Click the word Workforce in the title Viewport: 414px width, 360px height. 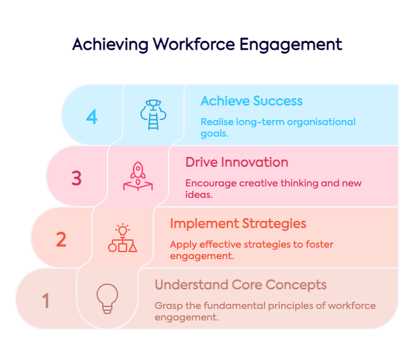tap(194, 44)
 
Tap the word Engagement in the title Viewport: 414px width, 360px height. tap(291, 45)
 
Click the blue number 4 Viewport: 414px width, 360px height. tap(92, 117)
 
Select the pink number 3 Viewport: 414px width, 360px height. tap(77, 178)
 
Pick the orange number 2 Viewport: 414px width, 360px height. tap(61, 239)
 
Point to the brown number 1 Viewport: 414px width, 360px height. tap(45, 301)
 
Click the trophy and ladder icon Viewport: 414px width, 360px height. tap(153, 115)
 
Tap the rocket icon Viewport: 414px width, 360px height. tap(138, 176)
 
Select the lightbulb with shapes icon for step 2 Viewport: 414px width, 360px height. tap(123, 237)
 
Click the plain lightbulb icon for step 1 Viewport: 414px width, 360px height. tap(107, 299)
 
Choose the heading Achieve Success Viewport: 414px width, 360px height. tap(252, 101)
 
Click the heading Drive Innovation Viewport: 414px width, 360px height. tap(237, 162)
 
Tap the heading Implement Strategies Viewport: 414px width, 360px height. tap(238, 223)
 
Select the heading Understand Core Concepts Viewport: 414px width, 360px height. tap(241, 285)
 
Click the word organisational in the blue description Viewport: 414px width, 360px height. tap(321, 122)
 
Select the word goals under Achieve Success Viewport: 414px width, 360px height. tap(215, 133)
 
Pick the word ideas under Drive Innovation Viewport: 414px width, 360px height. tap(199, 195)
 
